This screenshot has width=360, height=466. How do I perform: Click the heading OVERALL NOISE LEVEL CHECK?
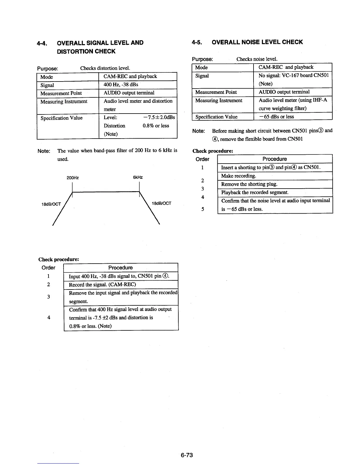coord(257,42)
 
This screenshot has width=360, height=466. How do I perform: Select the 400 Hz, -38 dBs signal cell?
coord(121,85)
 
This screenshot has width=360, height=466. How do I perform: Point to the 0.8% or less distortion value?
coord(156,126)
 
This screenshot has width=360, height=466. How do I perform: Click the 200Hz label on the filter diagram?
coord(73,178)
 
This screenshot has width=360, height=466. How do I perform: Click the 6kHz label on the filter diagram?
coord(138,177)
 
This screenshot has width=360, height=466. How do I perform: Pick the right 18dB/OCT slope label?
coord(161,203)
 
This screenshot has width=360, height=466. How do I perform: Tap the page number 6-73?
coord(187,455)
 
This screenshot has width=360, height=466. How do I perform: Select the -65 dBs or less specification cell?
coord(276,116)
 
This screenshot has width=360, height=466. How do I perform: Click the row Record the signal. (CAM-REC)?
coord(102,284)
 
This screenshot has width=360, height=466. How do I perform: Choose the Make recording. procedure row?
coord(239,176)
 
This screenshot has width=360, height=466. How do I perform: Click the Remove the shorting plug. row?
coord(249,184)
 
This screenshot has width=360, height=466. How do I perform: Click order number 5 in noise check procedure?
coord(203,209)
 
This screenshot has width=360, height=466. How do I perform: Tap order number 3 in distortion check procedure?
coord(49,297)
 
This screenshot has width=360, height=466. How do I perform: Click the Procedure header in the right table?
coord(274,159)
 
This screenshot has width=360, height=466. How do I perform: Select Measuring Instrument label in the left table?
coord(64,101)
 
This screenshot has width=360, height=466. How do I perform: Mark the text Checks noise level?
coord(257,59)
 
